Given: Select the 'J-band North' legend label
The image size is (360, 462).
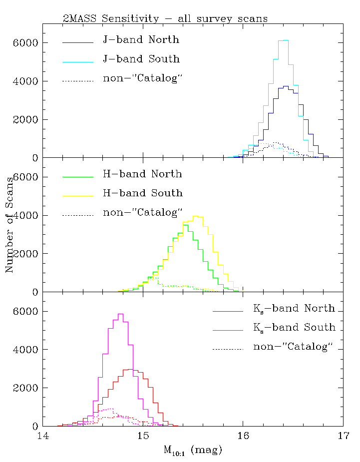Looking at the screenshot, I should click(141, 40).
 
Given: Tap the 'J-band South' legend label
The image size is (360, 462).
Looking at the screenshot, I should click(141, 59).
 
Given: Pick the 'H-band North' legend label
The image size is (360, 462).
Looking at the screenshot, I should click(142, 174).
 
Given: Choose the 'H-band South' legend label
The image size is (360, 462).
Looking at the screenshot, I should click(143, 193).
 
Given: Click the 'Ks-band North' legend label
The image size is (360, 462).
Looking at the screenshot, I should click(294, 308).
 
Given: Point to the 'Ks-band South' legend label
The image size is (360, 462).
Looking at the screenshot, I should click(294, 327).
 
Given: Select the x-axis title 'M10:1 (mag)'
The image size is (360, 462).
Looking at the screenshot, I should click(192, 450).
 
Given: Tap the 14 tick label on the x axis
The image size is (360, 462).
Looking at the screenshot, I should click(43, 437).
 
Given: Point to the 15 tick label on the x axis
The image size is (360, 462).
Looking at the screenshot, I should click(143, 437).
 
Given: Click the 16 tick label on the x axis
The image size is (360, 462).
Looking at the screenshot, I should click(243, 437).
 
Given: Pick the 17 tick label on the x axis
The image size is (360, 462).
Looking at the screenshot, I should click(343, 437).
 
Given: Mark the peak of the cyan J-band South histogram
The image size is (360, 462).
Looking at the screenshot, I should click(283, 40).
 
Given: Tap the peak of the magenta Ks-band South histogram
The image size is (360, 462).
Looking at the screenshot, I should click(120, 314).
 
